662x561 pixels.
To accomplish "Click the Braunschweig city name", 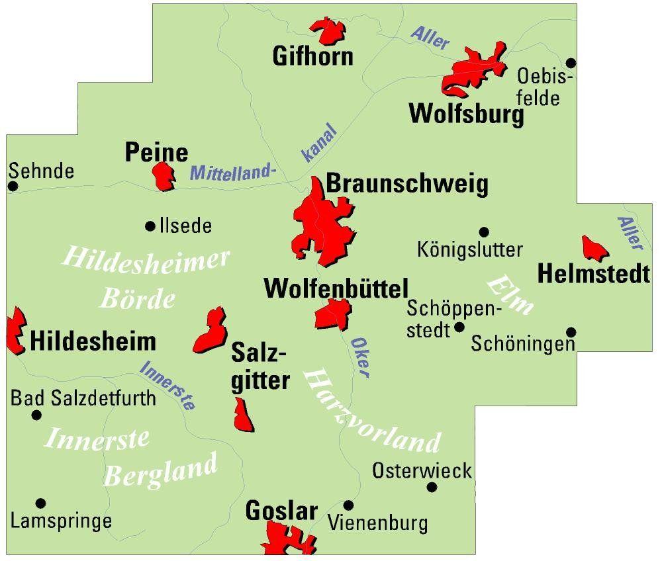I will [407, 185].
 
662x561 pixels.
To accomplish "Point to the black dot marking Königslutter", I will [484, 232].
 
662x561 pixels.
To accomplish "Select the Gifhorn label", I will [312, 56].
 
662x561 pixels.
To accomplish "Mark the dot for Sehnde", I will [13, 187].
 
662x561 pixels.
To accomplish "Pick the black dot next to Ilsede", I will [150, 226].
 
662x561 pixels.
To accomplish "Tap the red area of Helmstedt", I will [594, 249].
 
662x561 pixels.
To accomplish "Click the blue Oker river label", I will [359, 357].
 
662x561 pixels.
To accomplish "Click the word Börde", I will [137, 299].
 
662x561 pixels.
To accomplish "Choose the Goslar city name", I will [281, 511].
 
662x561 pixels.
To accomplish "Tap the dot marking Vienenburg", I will [348, 505].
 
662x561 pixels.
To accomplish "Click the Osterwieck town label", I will [422, 471].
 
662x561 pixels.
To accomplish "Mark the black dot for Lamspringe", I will [40, 503].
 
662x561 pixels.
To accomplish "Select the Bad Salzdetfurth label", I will [83, 398].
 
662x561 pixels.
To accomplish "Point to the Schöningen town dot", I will [571, 332].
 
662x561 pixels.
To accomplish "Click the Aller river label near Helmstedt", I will [630, 234].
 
